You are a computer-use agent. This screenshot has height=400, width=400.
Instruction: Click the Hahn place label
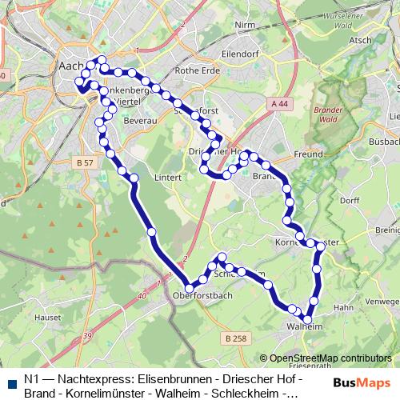pyautogui.click(x=343, y=307)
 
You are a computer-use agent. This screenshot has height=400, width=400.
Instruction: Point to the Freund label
pyautogui.click(x=309, y=154)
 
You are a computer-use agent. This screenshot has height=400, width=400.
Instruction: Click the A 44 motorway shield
pyautogui.click(x=278, y=104)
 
